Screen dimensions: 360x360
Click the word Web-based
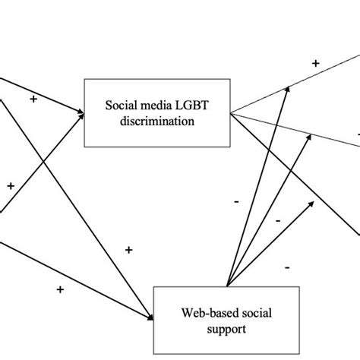click(x=197, y=313)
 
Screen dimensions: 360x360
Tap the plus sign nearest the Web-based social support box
click(x=129, y=249)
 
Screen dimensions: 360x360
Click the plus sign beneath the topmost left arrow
click(x=33, y=99)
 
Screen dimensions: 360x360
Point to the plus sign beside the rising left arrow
click(x=11, y=185)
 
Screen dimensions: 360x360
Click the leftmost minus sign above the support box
click(x=236, y=201)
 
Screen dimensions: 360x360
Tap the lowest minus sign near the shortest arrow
click(x=287, y=267)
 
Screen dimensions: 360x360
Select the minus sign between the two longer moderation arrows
click(x=278, y=219)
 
